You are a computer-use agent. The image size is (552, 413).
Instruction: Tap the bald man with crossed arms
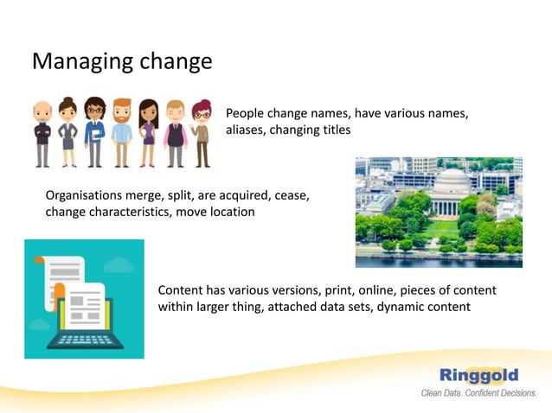click(x=42, y=134)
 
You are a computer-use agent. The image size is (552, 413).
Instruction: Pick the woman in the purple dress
click(x=148, y=133)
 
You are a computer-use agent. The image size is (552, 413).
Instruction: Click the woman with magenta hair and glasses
click(x=202, y=133)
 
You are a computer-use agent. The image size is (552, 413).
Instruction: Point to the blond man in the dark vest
click(x=176, y=133)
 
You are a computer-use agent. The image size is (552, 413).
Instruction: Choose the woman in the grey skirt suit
click(x=67, y=133)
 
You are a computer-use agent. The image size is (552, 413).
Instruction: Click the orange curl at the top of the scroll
click(x=39, y=259)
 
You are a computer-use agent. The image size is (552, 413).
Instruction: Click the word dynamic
click(x=397, y=307)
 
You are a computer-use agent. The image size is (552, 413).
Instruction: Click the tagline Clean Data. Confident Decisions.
click(x=478, y=393)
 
